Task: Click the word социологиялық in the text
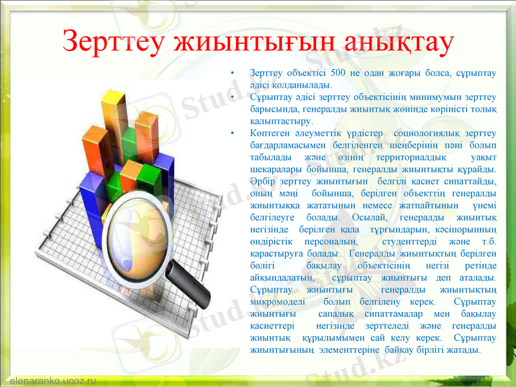(433, 134)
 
